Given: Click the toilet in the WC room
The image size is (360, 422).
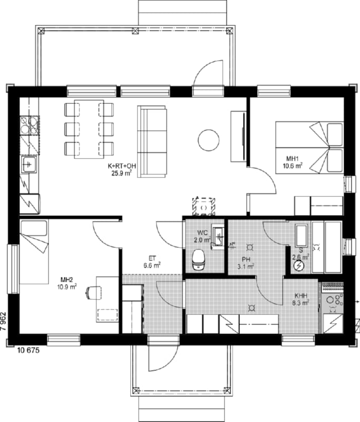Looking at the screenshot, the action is [x=199, y=260].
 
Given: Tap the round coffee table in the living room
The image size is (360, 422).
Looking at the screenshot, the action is [x=208, y=140].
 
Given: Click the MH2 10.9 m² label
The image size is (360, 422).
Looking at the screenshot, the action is [x=67, y=284].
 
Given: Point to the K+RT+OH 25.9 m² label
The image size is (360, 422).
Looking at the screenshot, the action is [x=122, y=169].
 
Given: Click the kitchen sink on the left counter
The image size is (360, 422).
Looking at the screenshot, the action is [x=29, y=165].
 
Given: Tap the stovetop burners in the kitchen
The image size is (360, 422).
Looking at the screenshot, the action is [x=30, y=126].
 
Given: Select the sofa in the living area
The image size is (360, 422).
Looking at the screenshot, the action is [x=152, y=141].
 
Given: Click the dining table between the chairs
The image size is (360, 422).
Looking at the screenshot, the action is [x=89, y=129].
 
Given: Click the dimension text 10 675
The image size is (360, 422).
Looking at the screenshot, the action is [x=28, y=350].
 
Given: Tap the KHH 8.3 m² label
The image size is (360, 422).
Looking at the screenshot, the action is [x=300, y=300].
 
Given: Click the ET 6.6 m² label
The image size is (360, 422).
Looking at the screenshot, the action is [x=152, y=262].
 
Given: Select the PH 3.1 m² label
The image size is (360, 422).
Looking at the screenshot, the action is [x=246, y=263].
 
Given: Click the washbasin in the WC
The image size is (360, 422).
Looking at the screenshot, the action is [x=218, y=237].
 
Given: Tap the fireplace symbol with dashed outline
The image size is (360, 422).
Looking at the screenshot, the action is [x=203, y=207].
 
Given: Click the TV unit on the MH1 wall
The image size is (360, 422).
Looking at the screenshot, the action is [x=238, y=137].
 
